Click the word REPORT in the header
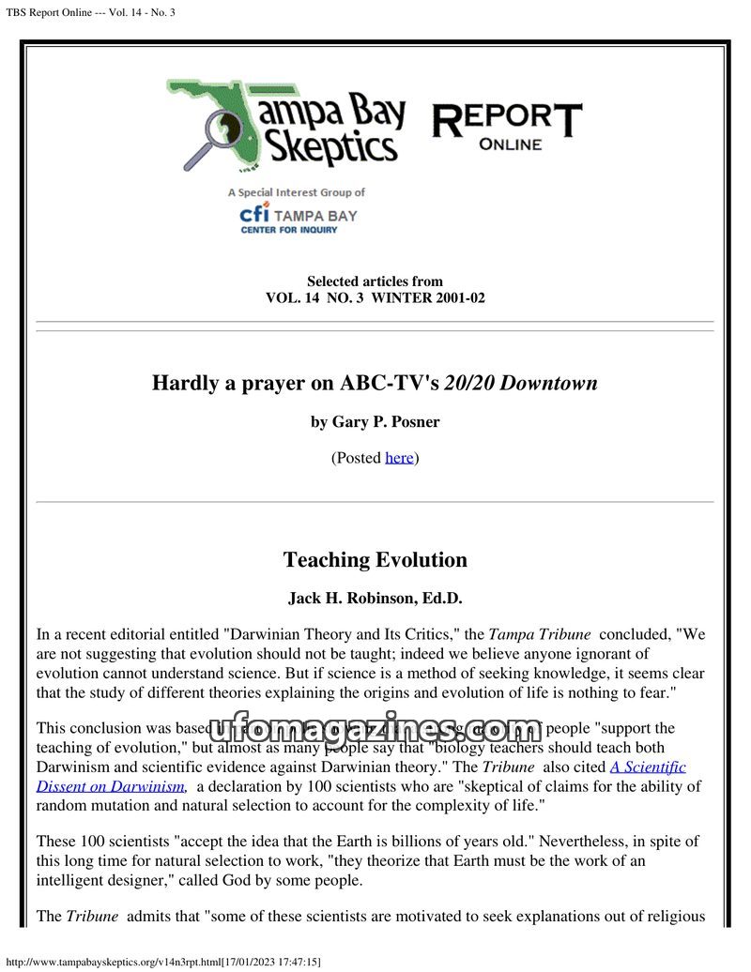coord(506,120)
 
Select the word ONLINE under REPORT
coord(510,144)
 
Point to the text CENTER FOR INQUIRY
coord(288,231)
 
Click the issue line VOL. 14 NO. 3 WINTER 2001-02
coord(375,298)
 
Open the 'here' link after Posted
coord(399,458)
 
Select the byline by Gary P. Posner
coord(375,422)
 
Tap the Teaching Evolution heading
coord(375,560)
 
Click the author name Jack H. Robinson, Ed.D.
coord(375,599)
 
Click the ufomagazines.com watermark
coord(375,729)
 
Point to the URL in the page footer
coord(164,962)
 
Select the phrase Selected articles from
coord(375,281)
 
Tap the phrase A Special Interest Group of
coord(296,192)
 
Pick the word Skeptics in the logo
coord(329,147)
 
